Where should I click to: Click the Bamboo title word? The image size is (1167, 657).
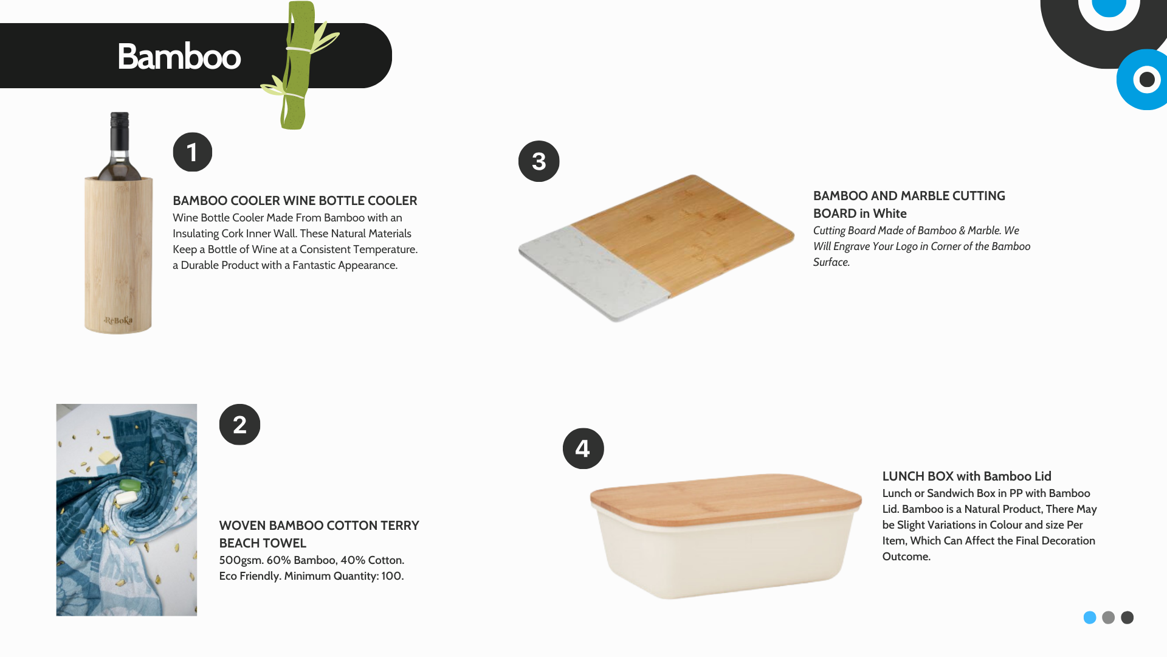(x=179, y=57)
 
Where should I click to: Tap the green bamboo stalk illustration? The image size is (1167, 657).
(x=298, y=65)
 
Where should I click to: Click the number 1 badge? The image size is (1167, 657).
(x=193, y=152)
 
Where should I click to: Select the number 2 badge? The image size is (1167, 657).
(x=239, y=425)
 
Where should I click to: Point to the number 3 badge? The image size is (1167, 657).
(x=539, y=161)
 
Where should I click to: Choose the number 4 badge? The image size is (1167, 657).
(x=583, y=448)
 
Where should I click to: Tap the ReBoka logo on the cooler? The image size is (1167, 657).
(x=118, y=321)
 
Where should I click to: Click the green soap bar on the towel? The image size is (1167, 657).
(x=129, y=485)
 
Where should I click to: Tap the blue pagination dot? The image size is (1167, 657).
(x=1090, y=617)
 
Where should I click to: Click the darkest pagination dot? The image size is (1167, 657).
(x=1127, y=617)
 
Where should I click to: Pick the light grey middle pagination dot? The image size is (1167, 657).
(x=1109, y=617)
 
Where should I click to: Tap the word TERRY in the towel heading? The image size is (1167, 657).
(x=400, y=526)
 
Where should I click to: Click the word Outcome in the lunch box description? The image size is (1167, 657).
(x=906, y=557)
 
